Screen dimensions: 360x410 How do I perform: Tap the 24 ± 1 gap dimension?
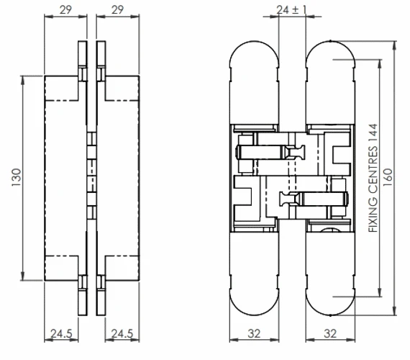(292, 9)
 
